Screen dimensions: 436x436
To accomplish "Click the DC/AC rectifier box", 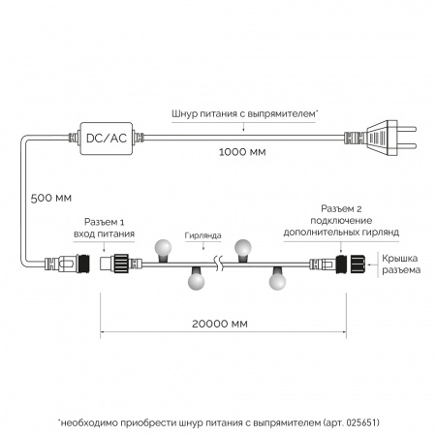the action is tap(107, 139).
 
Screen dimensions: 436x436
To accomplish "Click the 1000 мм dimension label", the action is tap(242, 152).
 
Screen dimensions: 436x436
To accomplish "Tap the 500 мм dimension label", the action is tap(51, 198).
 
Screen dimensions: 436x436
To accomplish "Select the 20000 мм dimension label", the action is tap(220, 324).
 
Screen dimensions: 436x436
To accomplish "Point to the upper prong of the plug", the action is tap(407, 129).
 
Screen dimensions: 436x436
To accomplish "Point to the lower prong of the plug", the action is tap(407, 146).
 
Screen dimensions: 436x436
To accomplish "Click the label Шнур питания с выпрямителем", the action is tap(244, 113).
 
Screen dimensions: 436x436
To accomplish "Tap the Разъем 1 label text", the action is tap(104, 222).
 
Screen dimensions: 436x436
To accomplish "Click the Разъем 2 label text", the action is tap(341, 208).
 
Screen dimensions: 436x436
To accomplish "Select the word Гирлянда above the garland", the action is tap(202, 235).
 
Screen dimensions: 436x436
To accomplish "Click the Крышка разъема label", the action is tap(401, 264).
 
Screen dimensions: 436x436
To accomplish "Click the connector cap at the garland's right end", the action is tap(357, 264).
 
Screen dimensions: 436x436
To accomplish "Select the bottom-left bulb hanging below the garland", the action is tap(197, 278).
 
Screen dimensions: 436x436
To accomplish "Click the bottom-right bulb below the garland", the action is tap(277, 278).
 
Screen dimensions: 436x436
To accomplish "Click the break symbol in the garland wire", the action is tap(219, 264).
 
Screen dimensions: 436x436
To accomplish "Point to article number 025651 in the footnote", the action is tap(361, 422).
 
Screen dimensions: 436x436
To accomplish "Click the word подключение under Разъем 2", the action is tap(341, 221).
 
